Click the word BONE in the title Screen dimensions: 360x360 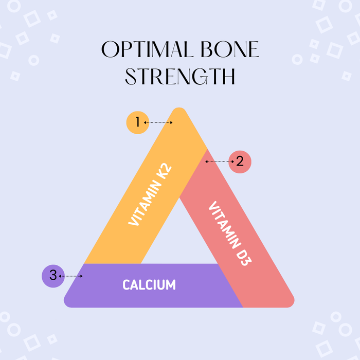coord(229,50)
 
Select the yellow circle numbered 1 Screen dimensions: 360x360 coord(137,122)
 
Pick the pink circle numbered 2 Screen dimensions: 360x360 coord(240,161)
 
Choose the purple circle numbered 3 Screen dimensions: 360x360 coord(53,276)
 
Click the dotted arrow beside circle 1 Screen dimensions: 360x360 coord(158,122)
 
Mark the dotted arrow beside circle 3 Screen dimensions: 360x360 coord(71,276)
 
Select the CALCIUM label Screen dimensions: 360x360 coord(149,284)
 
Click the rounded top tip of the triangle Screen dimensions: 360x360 coord(179,112)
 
